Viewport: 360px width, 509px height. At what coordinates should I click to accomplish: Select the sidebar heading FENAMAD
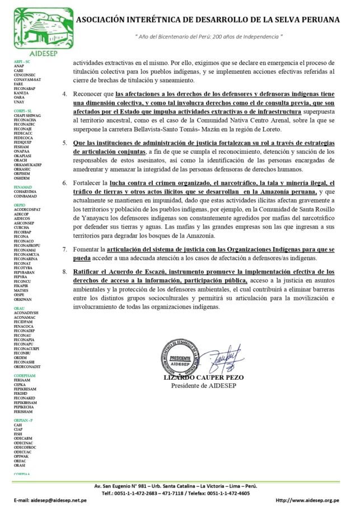click(x=23, y=186)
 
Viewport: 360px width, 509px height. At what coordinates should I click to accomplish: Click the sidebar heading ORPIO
click(x=20, y=205)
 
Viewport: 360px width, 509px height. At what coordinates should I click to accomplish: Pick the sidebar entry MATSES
click(x=21, y=291)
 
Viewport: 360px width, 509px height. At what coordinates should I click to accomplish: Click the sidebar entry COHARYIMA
click(x=25, y=191)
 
